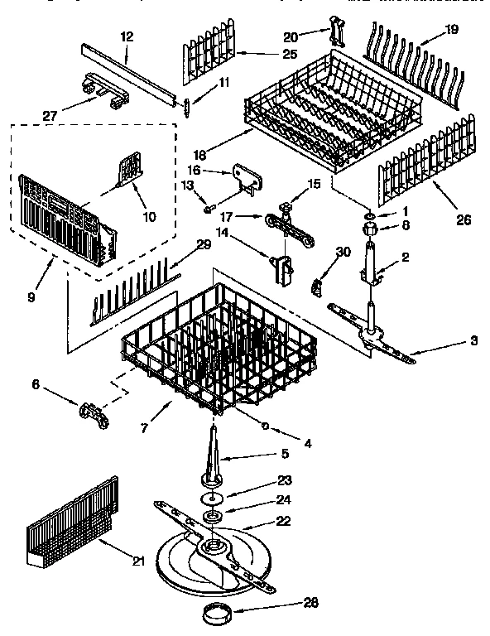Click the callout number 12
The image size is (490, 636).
click(x=126, y=36)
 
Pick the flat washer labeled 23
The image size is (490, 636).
click(x=214, y=497)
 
